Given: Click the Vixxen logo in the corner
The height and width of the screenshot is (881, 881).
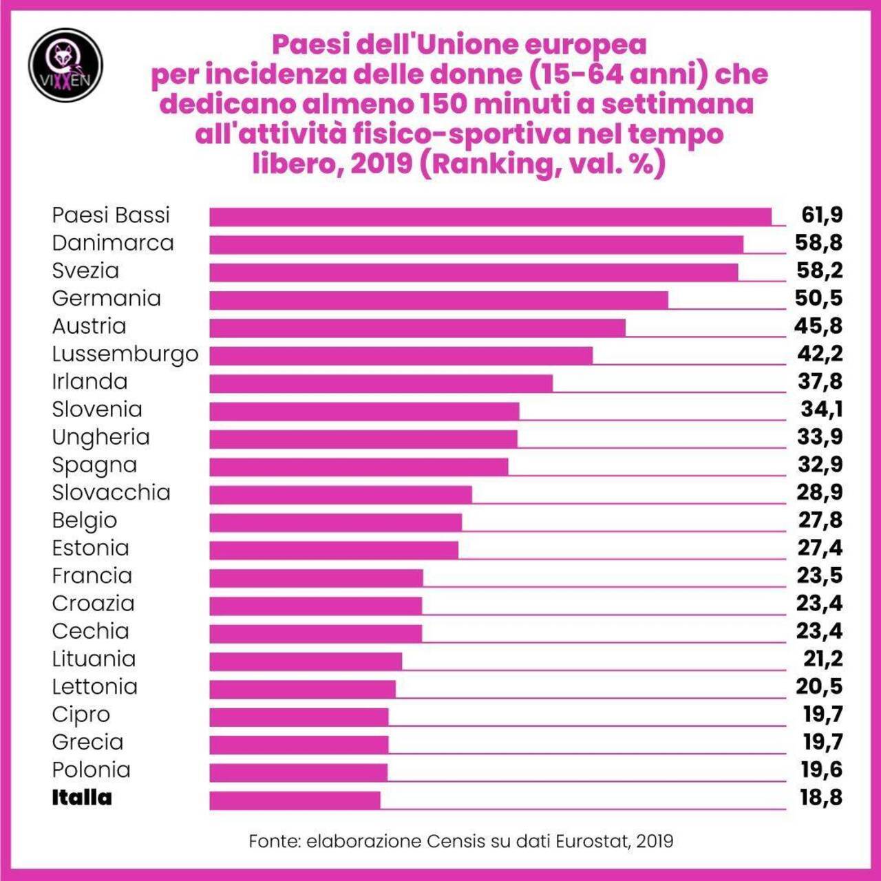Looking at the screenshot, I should (65, 65).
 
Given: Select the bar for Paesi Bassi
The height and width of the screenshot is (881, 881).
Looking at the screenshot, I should (490, 217).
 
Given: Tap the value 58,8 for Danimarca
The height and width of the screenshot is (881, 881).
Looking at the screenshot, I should (819, 243).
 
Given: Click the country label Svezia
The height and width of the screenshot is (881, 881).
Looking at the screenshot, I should (85, 270).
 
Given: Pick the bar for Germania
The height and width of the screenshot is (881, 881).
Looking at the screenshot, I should (438, 300).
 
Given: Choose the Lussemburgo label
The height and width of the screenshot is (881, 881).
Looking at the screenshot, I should (125, 354).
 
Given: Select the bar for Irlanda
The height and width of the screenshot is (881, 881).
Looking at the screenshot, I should (381, 383).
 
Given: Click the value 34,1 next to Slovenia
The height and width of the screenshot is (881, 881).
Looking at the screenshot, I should (821, 410).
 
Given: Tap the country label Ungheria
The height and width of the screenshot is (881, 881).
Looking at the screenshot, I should (100, 438).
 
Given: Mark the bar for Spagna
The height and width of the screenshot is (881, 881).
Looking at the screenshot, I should (359, 467).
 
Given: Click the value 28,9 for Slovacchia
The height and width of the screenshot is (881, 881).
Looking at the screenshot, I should (820, 493).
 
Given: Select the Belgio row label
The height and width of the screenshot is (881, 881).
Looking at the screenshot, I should (84, 521).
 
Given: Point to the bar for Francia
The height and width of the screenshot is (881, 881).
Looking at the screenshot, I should (316, 577).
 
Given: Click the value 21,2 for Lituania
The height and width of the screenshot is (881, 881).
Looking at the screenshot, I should (822, 659).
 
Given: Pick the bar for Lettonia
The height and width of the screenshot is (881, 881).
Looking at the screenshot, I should (302, 689).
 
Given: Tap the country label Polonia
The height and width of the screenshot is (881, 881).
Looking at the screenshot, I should (91, 769).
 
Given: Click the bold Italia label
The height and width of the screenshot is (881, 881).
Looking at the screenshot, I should (81, 798).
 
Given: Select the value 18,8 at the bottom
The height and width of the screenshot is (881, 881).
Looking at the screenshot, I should (821, 798).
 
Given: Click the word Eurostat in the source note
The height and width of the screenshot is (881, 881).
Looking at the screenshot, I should (593, 841).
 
